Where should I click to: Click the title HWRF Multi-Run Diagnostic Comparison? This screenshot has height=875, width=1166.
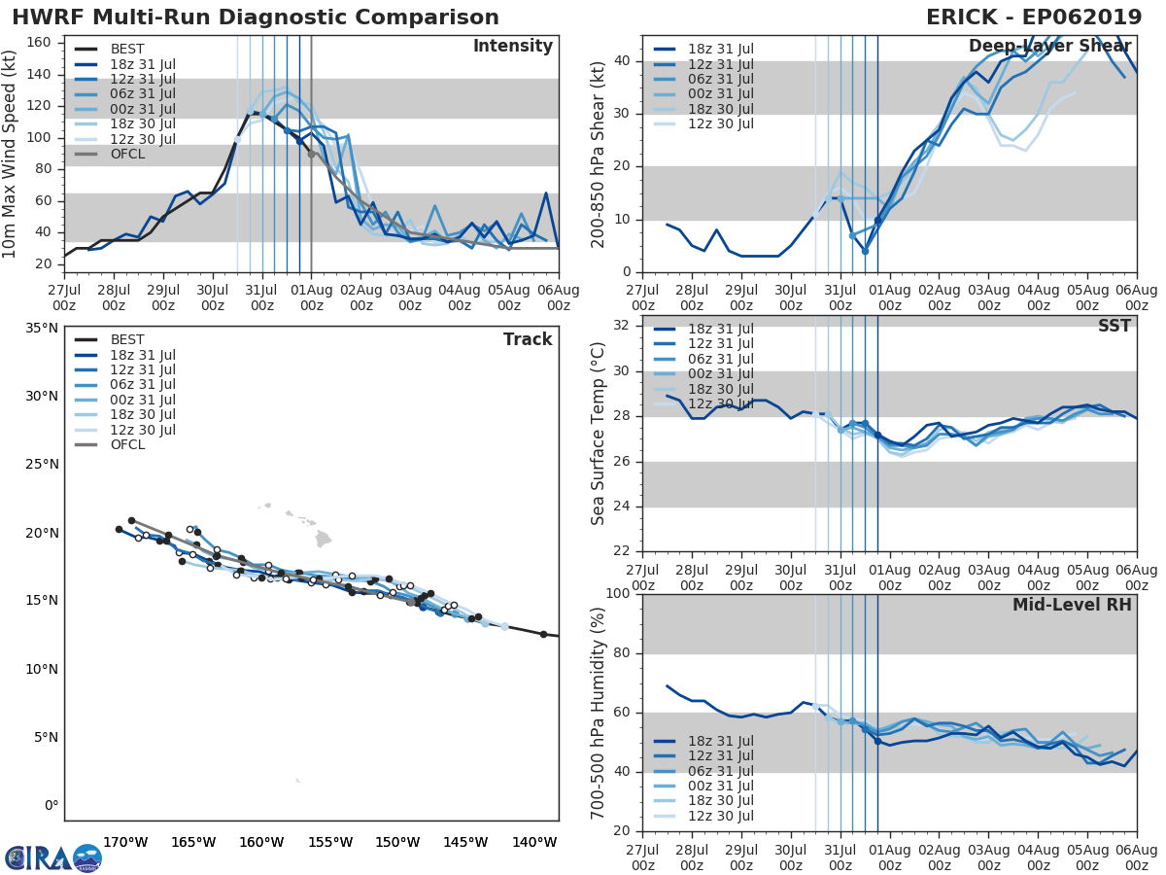coord(256,17)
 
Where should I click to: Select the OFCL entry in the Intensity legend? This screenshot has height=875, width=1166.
coord(127,154)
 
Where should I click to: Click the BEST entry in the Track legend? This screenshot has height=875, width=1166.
coord(127,339)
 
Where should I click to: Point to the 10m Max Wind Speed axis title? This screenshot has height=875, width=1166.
coord(11,155)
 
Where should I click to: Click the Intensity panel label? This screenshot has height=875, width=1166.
coord(512,47)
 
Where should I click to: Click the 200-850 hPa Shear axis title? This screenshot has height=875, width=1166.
coord(599,155)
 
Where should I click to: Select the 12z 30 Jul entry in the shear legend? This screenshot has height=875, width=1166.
coord(718,123)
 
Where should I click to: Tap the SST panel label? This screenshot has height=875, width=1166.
coord(1114,326)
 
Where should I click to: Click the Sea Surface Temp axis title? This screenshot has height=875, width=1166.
coord(599,434)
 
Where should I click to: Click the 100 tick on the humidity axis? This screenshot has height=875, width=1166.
coord(618,594)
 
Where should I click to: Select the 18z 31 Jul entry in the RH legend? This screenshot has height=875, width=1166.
coord(718,741)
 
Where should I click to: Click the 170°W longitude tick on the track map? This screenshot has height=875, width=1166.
coord(125,842)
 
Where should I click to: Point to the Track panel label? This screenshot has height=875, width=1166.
coord(528,339)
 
